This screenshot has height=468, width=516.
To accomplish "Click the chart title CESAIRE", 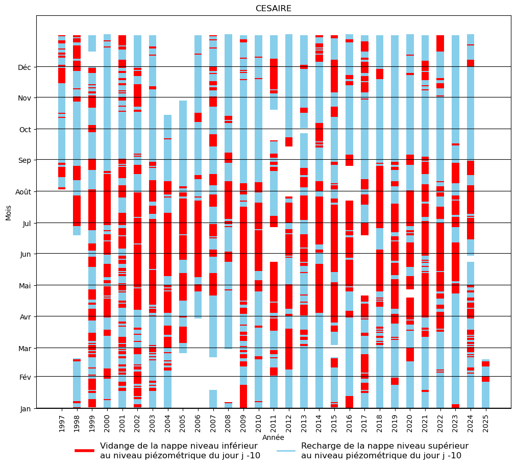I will [x=273, y=9].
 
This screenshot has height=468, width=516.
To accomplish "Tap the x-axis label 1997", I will [x=62, y=423].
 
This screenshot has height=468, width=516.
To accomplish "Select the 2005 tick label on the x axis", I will [x=183, y=423].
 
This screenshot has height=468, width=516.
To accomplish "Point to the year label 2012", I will [x=289, y=423].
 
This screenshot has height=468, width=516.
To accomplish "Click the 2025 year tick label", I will [x=485, y=423].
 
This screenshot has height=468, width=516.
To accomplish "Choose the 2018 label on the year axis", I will [x=380, y=423].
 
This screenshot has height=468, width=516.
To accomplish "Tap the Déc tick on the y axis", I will [x=24, y=67].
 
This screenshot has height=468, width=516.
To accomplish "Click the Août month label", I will [x=22, y=192].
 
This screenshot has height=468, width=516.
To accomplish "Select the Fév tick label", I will [x=24, y=377].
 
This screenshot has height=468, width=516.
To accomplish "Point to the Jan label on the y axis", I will [x=25, y=409].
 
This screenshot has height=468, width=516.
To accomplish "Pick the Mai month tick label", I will [x=24, y=285].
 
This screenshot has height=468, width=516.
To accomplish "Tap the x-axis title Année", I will [x=273, y=437].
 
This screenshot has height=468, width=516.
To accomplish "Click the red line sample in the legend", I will [x=84, y=451].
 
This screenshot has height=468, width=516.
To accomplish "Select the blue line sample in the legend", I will [x=286, y=451].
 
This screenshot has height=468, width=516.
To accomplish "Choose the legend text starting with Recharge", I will [x=384, y=451].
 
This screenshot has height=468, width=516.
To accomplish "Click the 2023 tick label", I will [x=455, y=423].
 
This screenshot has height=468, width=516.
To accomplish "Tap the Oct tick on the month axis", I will [x=24, y=130].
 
